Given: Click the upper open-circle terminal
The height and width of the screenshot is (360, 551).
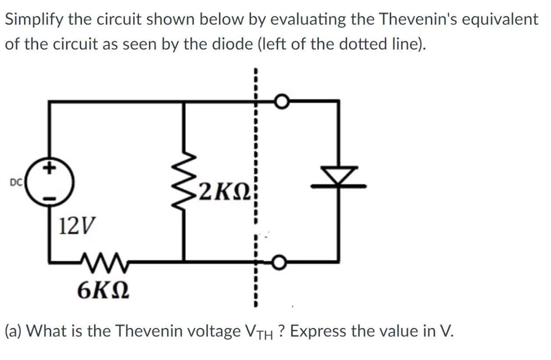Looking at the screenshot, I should tap(281, 102).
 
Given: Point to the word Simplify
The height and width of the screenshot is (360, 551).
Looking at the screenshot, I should tap(34, 20).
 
